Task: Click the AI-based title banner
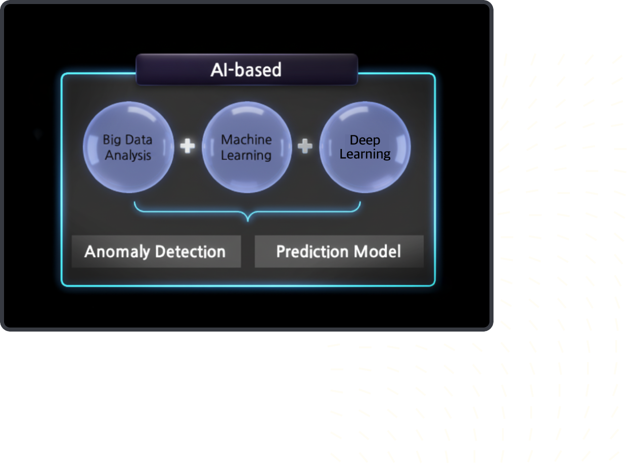247,69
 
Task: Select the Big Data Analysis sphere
128,147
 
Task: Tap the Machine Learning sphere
247,147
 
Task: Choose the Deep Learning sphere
365,147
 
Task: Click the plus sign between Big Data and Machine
188,146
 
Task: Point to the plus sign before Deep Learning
305,146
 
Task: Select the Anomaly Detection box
156,251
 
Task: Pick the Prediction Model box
339,251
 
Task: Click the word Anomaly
117,252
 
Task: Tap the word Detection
190,251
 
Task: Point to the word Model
377,251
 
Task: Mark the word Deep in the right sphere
365,141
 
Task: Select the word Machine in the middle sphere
246,139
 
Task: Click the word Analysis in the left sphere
128,156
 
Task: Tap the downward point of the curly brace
248,221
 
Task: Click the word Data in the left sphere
139,139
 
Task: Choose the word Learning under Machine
246,156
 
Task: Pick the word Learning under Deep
365,155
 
